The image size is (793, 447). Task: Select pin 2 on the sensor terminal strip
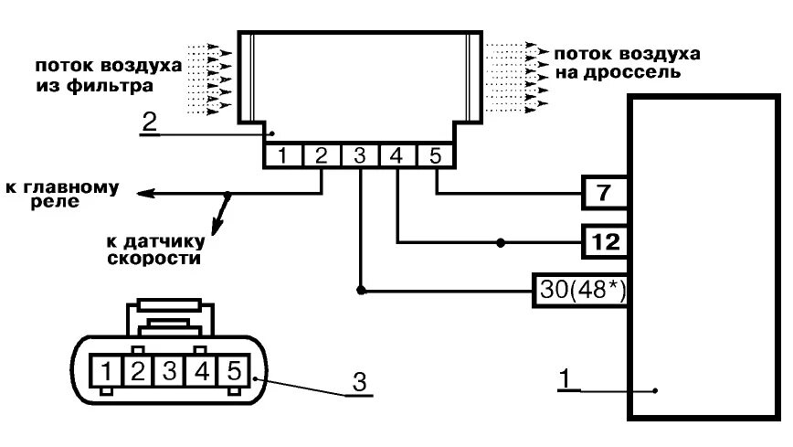[x=321, y=156]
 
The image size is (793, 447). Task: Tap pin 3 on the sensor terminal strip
[x=359, y=156]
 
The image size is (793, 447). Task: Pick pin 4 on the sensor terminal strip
[x=396, y=156]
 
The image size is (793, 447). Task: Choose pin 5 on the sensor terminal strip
[x=435, y=156]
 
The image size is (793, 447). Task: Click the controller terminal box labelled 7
[x=605, y=194]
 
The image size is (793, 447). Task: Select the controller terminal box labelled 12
[x=605, y=242]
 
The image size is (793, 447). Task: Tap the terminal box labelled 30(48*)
[x=579, y=291]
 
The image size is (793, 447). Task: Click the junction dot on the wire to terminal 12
[x=500, y=242]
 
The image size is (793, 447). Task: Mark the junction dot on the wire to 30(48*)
[x=360, y=291]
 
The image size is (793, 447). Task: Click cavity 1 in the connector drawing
[x=109, y=371]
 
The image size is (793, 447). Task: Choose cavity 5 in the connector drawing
[x=233, y=371]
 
